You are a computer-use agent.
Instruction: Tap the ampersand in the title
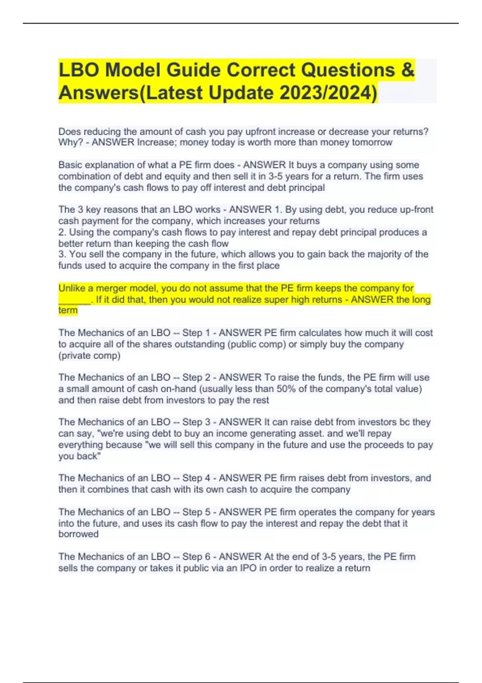(x=407, y=70)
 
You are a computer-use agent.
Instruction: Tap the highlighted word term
(x=68, y=311)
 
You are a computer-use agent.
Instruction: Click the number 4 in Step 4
(x=207, y=478)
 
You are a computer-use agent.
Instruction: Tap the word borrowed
(x=78, y=534)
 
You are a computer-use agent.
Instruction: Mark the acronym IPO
(x=248, y=568)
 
